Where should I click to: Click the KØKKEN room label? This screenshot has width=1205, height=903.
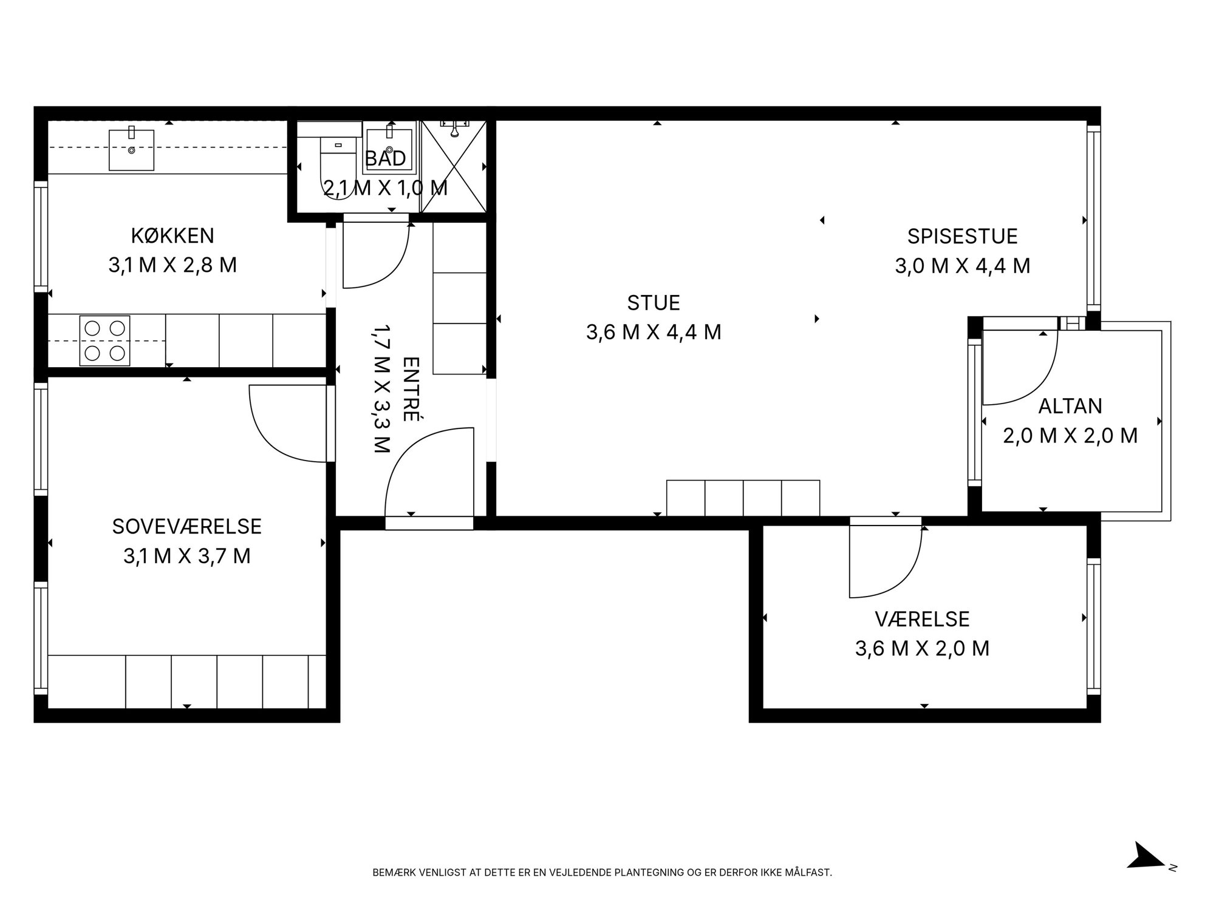tap(172, 235)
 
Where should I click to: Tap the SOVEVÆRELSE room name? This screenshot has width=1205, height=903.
tap(187, 526)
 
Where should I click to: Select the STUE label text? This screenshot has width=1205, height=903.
tap(654, 302)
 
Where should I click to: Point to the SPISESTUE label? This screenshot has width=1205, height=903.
tap(963, 236)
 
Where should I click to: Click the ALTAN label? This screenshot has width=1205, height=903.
tap(1070, 406)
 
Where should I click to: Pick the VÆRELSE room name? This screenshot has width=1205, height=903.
tap(923, 619)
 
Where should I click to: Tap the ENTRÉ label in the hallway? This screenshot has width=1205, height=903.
tap(411, 389)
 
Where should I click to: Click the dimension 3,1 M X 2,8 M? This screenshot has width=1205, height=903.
tap(172, 265)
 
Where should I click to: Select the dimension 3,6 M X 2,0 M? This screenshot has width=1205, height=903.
tap(923, 649)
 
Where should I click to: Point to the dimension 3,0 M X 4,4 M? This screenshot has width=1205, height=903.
tap(963, 266)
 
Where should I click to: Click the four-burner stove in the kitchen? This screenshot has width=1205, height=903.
tap(104, 340)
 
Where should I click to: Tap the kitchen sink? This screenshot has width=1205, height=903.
tap(131, 149)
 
